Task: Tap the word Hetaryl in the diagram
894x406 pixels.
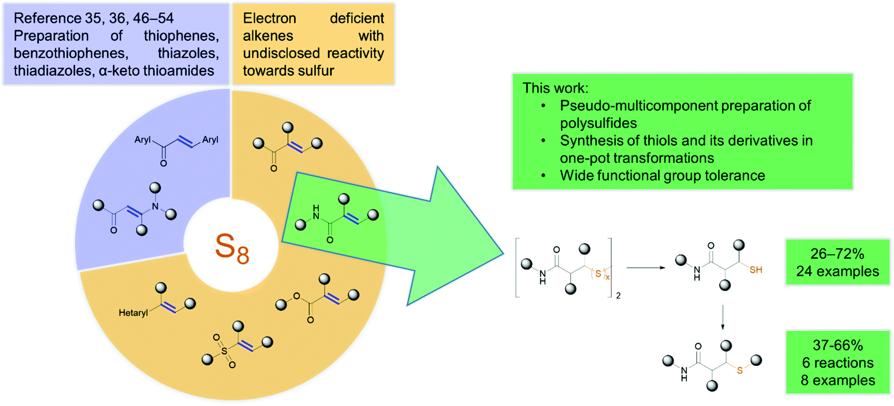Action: (133, 313)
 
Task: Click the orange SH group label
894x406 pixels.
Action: (756, 270)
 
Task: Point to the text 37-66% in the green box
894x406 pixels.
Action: (837, 345)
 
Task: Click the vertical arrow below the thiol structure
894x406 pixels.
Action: (723, 318)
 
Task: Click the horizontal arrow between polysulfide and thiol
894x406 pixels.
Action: (646, 268)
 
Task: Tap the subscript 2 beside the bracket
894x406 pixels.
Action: (618, 296)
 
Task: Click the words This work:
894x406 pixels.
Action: (555, 88)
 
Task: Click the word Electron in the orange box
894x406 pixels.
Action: (269, 18)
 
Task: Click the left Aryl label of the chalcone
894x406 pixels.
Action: (142, 140)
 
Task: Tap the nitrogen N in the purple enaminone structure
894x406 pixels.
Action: (155, 206)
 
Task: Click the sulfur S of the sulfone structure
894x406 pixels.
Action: (224, 351)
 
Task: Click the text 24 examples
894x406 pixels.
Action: (837, 271)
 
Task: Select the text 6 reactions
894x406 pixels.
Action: (837, 363)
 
